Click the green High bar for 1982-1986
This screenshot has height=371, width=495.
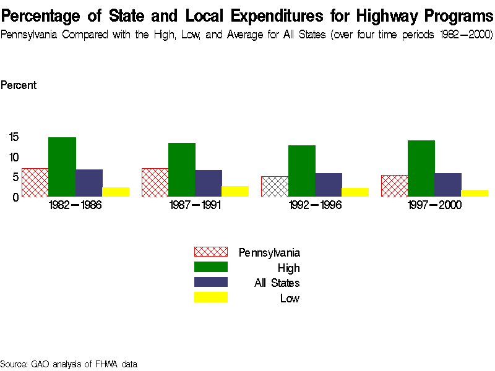[62, 167]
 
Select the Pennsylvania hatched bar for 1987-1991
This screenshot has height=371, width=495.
[155, 182]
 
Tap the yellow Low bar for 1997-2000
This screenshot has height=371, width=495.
[475, 193]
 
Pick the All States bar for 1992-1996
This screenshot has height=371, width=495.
[329, 185]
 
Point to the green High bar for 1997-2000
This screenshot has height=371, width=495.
[421, 168]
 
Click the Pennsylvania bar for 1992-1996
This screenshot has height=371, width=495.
[275, 186]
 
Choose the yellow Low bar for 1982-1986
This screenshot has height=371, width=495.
[116, 192]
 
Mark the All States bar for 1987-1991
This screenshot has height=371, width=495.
[209, 183]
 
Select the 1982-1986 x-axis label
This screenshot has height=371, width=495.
[75, 205]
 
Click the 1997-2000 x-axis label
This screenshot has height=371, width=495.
[435, 205]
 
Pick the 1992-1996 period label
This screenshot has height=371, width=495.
[315, 205]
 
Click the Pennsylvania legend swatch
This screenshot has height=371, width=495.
[211, 252]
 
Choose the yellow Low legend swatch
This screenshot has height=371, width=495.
[211, 297]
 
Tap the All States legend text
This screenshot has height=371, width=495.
[277, 283]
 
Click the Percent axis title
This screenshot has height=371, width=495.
[19, 85]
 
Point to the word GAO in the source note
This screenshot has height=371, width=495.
[40, 364]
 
